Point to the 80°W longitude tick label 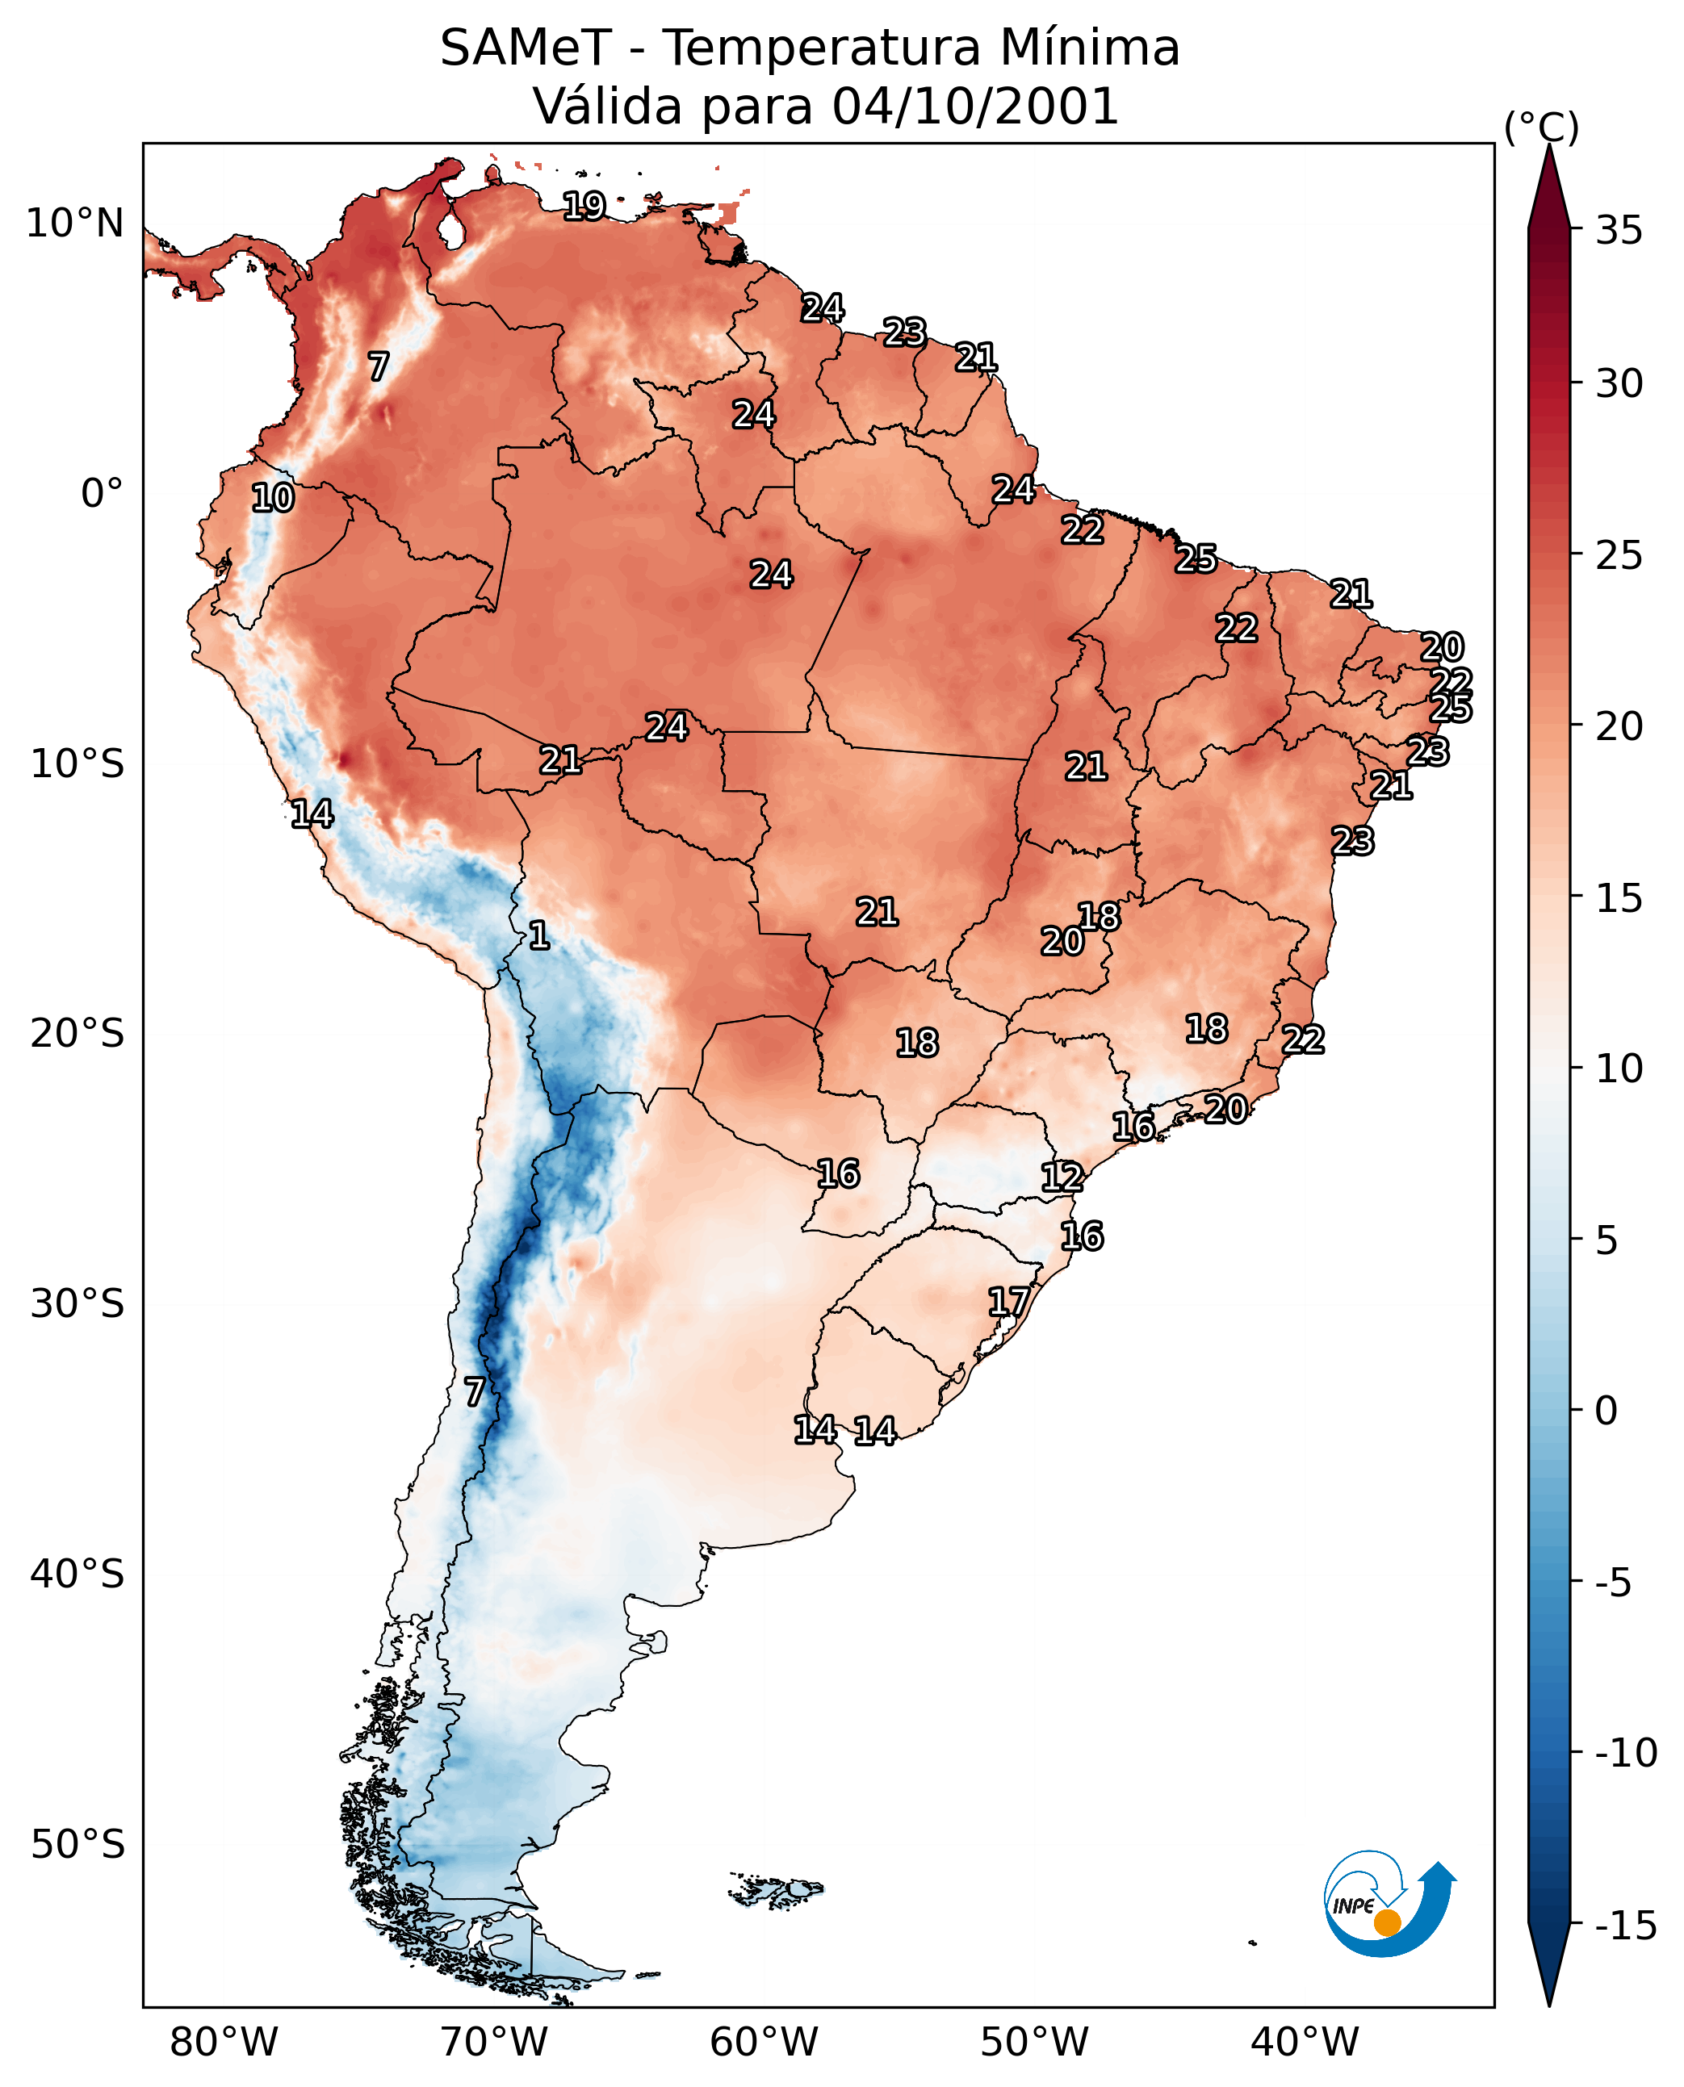pyautogui.click(x=224, y=2043)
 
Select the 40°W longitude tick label pyautogui.click(x=1305, y=2043)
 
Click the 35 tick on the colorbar pyautogui.click(x=1619, y=231)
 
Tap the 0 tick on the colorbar pyautogui.click(x=1607, y=1411)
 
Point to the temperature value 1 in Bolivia pyautogui.click(x=539, y=936)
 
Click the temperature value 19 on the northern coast pyautogui.click(x=585, y=207)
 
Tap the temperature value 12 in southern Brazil pyautogui.click(x=1062, y=1177)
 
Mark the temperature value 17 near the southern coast pyautogui.click(x=1009, y=1303)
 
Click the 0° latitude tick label pyautogui.click(x=102, y=494)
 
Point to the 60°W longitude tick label pyautogui.click(x=765, y=2043)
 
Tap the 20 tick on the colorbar pyautogui.click(x=1619, y=726)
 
